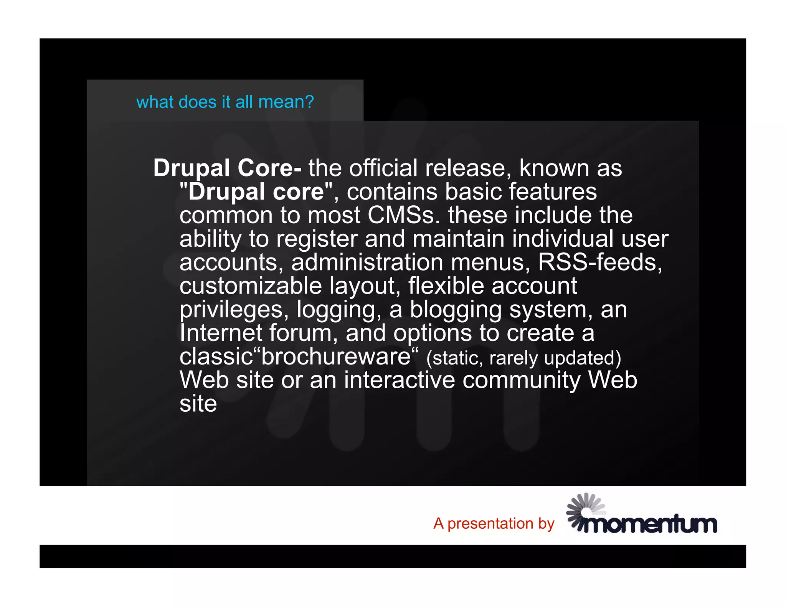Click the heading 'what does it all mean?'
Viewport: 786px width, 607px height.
[x=225, y=102]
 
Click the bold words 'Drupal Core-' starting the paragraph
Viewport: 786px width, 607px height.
[x=227, y=168]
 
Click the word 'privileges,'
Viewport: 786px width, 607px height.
[x=234, y=310]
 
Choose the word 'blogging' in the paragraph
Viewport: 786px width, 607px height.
[x=456, y=310]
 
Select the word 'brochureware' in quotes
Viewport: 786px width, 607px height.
[x=336, y=356]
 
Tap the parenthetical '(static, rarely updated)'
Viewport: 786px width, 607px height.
[x=523, y=358]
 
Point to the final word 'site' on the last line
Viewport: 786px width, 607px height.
[x=198, y=404]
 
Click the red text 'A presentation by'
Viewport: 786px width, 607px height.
[x=494, y=523]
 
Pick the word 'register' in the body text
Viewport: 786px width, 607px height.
[x=317, y=239]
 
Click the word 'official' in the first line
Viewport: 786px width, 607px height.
[x=383, y=168]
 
